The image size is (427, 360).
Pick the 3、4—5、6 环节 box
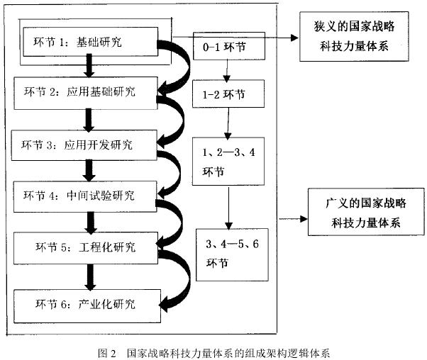(x=227, y=254)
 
